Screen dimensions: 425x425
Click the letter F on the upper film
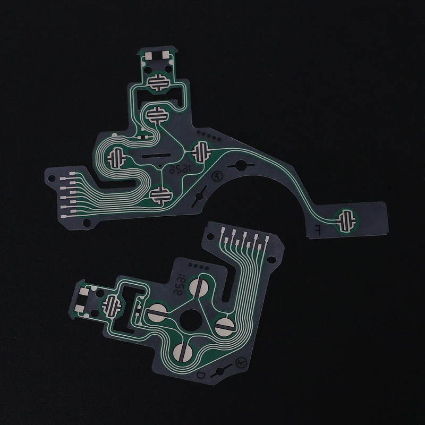(317, 229)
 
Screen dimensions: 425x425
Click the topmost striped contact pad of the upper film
(158, 82)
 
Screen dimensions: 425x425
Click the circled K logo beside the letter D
(240, 362)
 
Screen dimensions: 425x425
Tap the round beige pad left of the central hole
(157, 313)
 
